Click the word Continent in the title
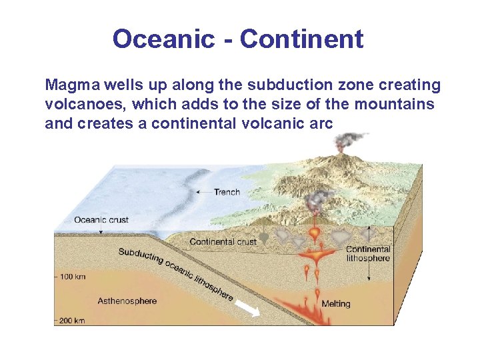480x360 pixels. pos(302,39)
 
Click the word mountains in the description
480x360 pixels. pos(395,105)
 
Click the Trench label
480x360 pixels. pos(227,192)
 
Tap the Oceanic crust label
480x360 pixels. pos(101,220)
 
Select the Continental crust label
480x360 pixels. pos(223,241)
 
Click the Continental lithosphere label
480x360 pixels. pos(367,254)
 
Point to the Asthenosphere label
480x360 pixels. pos(127,301)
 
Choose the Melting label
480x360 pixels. pos(335,304)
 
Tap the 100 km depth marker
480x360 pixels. pos(70,275)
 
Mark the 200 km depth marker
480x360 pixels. pos(70,321)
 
